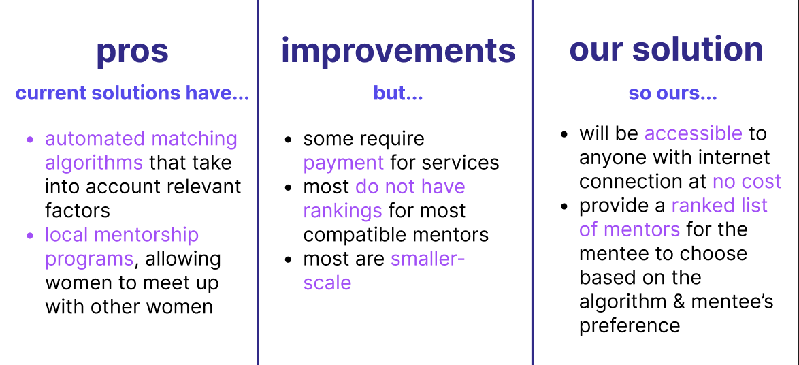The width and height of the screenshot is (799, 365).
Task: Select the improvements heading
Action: [x=398, y=51]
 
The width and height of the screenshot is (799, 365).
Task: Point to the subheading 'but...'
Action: [x=398, y=93]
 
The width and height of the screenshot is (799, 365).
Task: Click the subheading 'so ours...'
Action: [x=672, y=93]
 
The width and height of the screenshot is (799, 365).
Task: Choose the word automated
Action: [x=95, y=139]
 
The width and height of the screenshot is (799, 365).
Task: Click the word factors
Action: [x=78, y=210]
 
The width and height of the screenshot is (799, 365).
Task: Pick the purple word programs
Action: [x=89, y=259]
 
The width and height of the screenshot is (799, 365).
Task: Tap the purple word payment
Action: [x=344, y=163]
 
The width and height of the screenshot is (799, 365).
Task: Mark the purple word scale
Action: [x=327, y=283]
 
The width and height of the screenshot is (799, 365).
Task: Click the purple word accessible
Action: [x=693, y=133]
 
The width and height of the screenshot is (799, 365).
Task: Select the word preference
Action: [x=630, y=326]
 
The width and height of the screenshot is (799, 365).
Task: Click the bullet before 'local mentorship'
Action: [x=30, y=236]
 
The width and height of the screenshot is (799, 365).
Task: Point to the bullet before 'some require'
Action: [x=289, y=140]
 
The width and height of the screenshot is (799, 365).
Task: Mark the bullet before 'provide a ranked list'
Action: [x=564, y=206]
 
